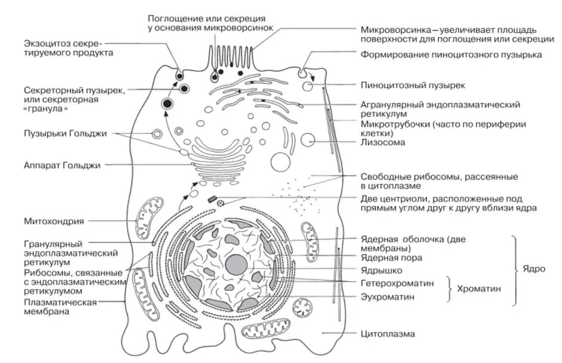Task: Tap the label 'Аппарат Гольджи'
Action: [62, 164]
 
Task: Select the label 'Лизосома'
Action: [383, 142]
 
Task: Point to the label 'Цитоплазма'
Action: [387, 334]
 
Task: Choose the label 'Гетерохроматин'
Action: [397, 282]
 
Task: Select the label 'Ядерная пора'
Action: [391, 258]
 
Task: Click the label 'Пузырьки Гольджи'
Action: [65, 133]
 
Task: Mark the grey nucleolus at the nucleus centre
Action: [237, 264]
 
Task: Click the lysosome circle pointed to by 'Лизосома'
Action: [308, 141]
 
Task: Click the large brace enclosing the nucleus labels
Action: [514, 269]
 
